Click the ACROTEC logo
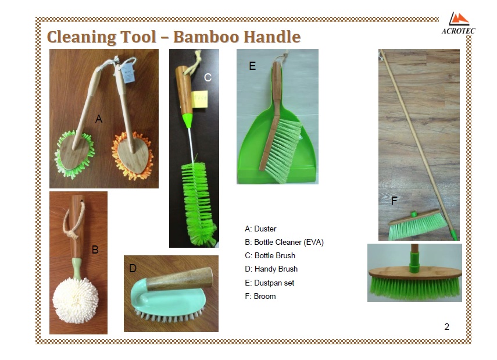click(x=458, y=23)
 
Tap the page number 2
click(x=446, y=327)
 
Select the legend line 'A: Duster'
click(x=260, y=229)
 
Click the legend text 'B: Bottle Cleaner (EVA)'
click(x=284, y=243)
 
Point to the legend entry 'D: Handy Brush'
click(x=271, y=269)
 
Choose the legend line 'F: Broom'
click(x=260, y=296)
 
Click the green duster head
click(x=74, y=154)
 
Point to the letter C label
click(x=208, y=77)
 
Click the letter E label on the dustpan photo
click(x=252, y=66)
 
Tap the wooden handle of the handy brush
click(x=180, y=279)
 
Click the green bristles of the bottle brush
click(x=198, y=203)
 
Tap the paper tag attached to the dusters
click(x=128, y=73)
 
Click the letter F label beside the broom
click(x=394, y=201)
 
